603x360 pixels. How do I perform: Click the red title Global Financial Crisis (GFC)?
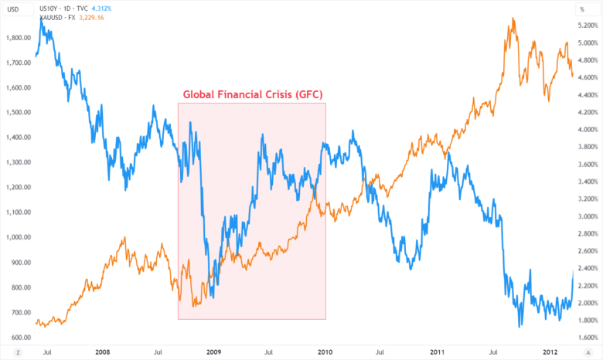(x=252, y=95)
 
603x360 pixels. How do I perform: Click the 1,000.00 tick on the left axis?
(x=16, y=237)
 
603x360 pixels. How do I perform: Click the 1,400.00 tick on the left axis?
(x=16, y=137)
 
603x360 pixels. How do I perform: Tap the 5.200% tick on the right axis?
(x=587, y=25)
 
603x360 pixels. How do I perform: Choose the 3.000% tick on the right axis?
(x=587, y=216)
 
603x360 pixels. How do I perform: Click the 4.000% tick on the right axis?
(x=587, y=129)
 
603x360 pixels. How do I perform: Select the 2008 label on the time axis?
(x=102, y=352)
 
